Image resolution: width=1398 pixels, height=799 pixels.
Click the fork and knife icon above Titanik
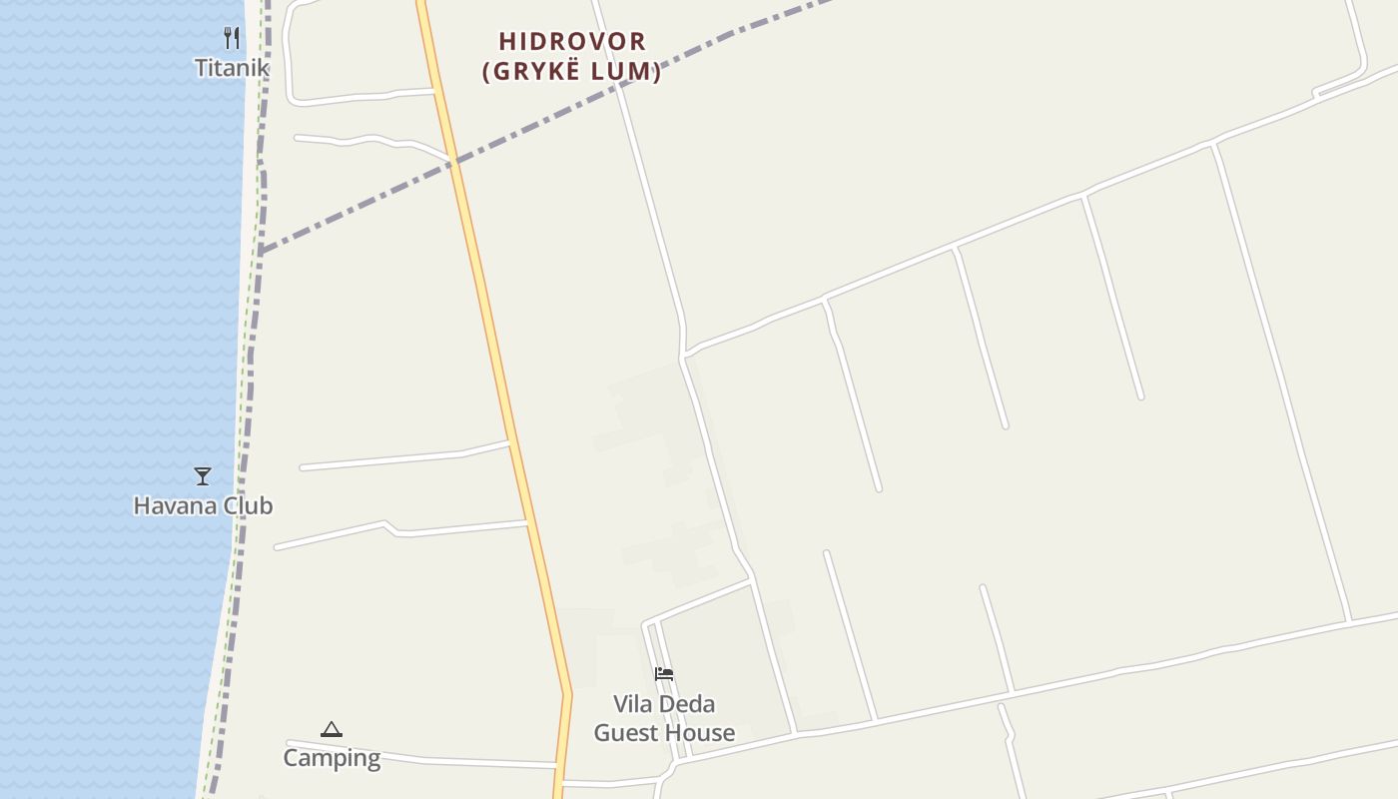232,38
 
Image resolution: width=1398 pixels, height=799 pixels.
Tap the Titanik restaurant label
232,68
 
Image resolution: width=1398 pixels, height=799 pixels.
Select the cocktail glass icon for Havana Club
203,475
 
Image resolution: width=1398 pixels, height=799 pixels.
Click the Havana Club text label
203,506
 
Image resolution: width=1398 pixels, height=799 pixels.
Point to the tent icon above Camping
332,729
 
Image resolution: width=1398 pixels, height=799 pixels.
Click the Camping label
332,758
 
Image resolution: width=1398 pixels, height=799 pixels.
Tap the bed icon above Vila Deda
664,674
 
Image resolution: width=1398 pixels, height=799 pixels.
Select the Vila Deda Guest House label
664,719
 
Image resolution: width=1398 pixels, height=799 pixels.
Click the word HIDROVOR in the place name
572,42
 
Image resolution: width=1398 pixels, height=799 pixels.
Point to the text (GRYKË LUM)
572,72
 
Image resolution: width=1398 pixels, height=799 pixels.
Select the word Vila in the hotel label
633,704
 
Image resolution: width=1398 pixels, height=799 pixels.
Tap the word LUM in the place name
626,72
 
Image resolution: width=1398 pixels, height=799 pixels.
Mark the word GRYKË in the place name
545,72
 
